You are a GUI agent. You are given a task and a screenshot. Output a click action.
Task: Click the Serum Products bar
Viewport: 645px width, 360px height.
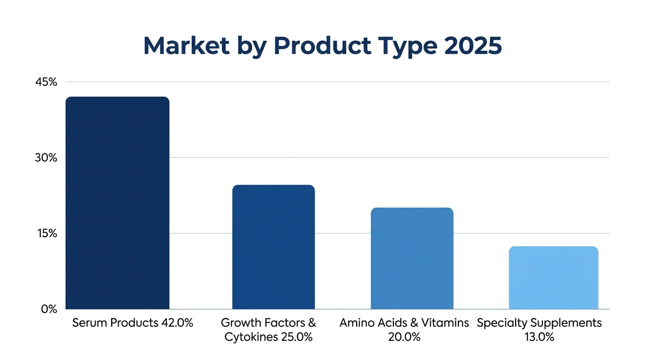coord(117,203)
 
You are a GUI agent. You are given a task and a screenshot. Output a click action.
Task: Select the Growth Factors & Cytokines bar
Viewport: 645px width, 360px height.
coord(273,247)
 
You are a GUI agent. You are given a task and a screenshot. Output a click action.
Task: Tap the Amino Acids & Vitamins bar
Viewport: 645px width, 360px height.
coord(412,258)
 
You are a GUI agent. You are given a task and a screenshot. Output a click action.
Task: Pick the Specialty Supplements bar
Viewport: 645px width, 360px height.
coord(553,277)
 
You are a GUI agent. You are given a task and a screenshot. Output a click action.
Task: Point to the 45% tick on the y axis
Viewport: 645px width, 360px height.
coord(46,82)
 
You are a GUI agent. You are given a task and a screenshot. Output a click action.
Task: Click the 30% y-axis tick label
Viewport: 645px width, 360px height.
coord(46,158)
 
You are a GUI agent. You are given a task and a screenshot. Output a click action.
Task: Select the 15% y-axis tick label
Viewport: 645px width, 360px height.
coord(46,233)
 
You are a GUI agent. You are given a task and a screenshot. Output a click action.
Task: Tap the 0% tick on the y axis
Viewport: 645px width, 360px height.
coord(49,309)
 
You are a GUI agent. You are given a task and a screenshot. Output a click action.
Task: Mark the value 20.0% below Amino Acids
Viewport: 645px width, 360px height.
coord(404,337)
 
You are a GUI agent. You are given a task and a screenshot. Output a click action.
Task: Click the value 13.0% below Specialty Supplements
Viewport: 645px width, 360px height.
coord(539,337)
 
